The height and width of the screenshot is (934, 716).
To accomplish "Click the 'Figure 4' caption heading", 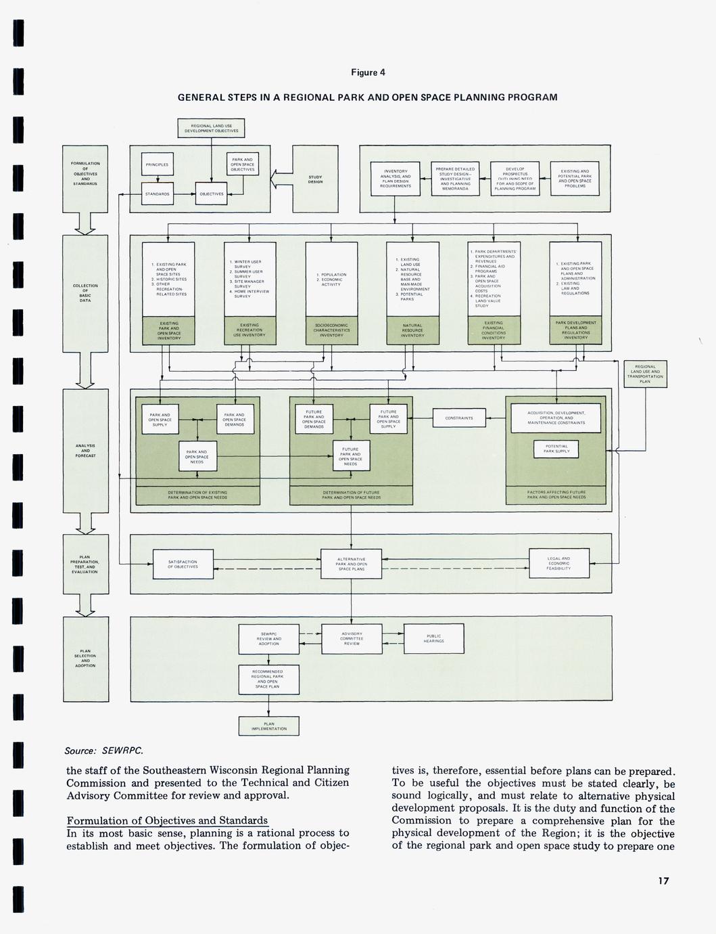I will pos(368,73).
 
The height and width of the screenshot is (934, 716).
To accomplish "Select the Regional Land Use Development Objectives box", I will pos(211,128).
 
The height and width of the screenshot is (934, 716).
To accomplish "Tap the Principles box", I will pos(157,164).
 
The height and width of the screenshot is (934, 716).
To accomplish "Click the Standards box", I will pos(157,194).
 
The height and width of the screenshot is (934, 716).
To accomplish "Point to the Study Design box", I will pos(315,179).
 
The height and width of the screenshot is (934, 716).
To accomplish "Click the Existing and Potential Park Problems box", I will pos(575,179).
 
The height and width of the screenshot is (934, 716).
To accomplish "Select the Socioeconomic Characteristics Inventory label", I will pos(331,330).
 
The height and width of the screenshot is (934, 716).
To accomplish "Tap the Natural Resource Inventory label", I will pos(412,330).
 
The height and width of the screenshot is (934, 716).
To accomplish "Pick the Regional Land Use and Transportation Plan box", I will pos(645,374).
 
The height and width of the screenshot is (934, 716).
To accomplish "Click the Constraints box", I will pos(459,418).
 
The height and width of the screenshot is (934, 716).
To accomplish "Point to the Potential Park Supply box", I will pos(556,449).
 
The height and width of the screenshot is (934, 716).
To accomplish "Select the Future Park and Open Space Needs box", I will pos(350,457).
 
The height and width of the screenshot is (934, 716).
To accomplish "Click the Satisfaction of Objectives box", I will pos(183,564).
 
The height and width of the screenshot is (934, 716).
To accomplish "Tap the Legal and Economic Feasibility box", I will pos(558,563).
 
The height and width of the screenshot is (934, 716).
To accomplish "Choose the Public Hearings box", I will pos(434,638).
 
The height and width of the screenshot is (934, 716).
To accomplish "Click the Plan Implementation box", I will pos(269,726).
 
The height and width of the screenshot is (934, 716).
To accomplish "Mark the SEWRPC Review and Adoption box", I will pos(269,639).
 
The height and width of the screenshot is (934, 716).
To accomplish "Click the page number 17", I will pos(662,881).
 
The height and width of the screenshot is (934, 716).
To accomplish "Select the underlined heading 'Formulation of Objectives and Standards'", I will pos(167,821).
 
